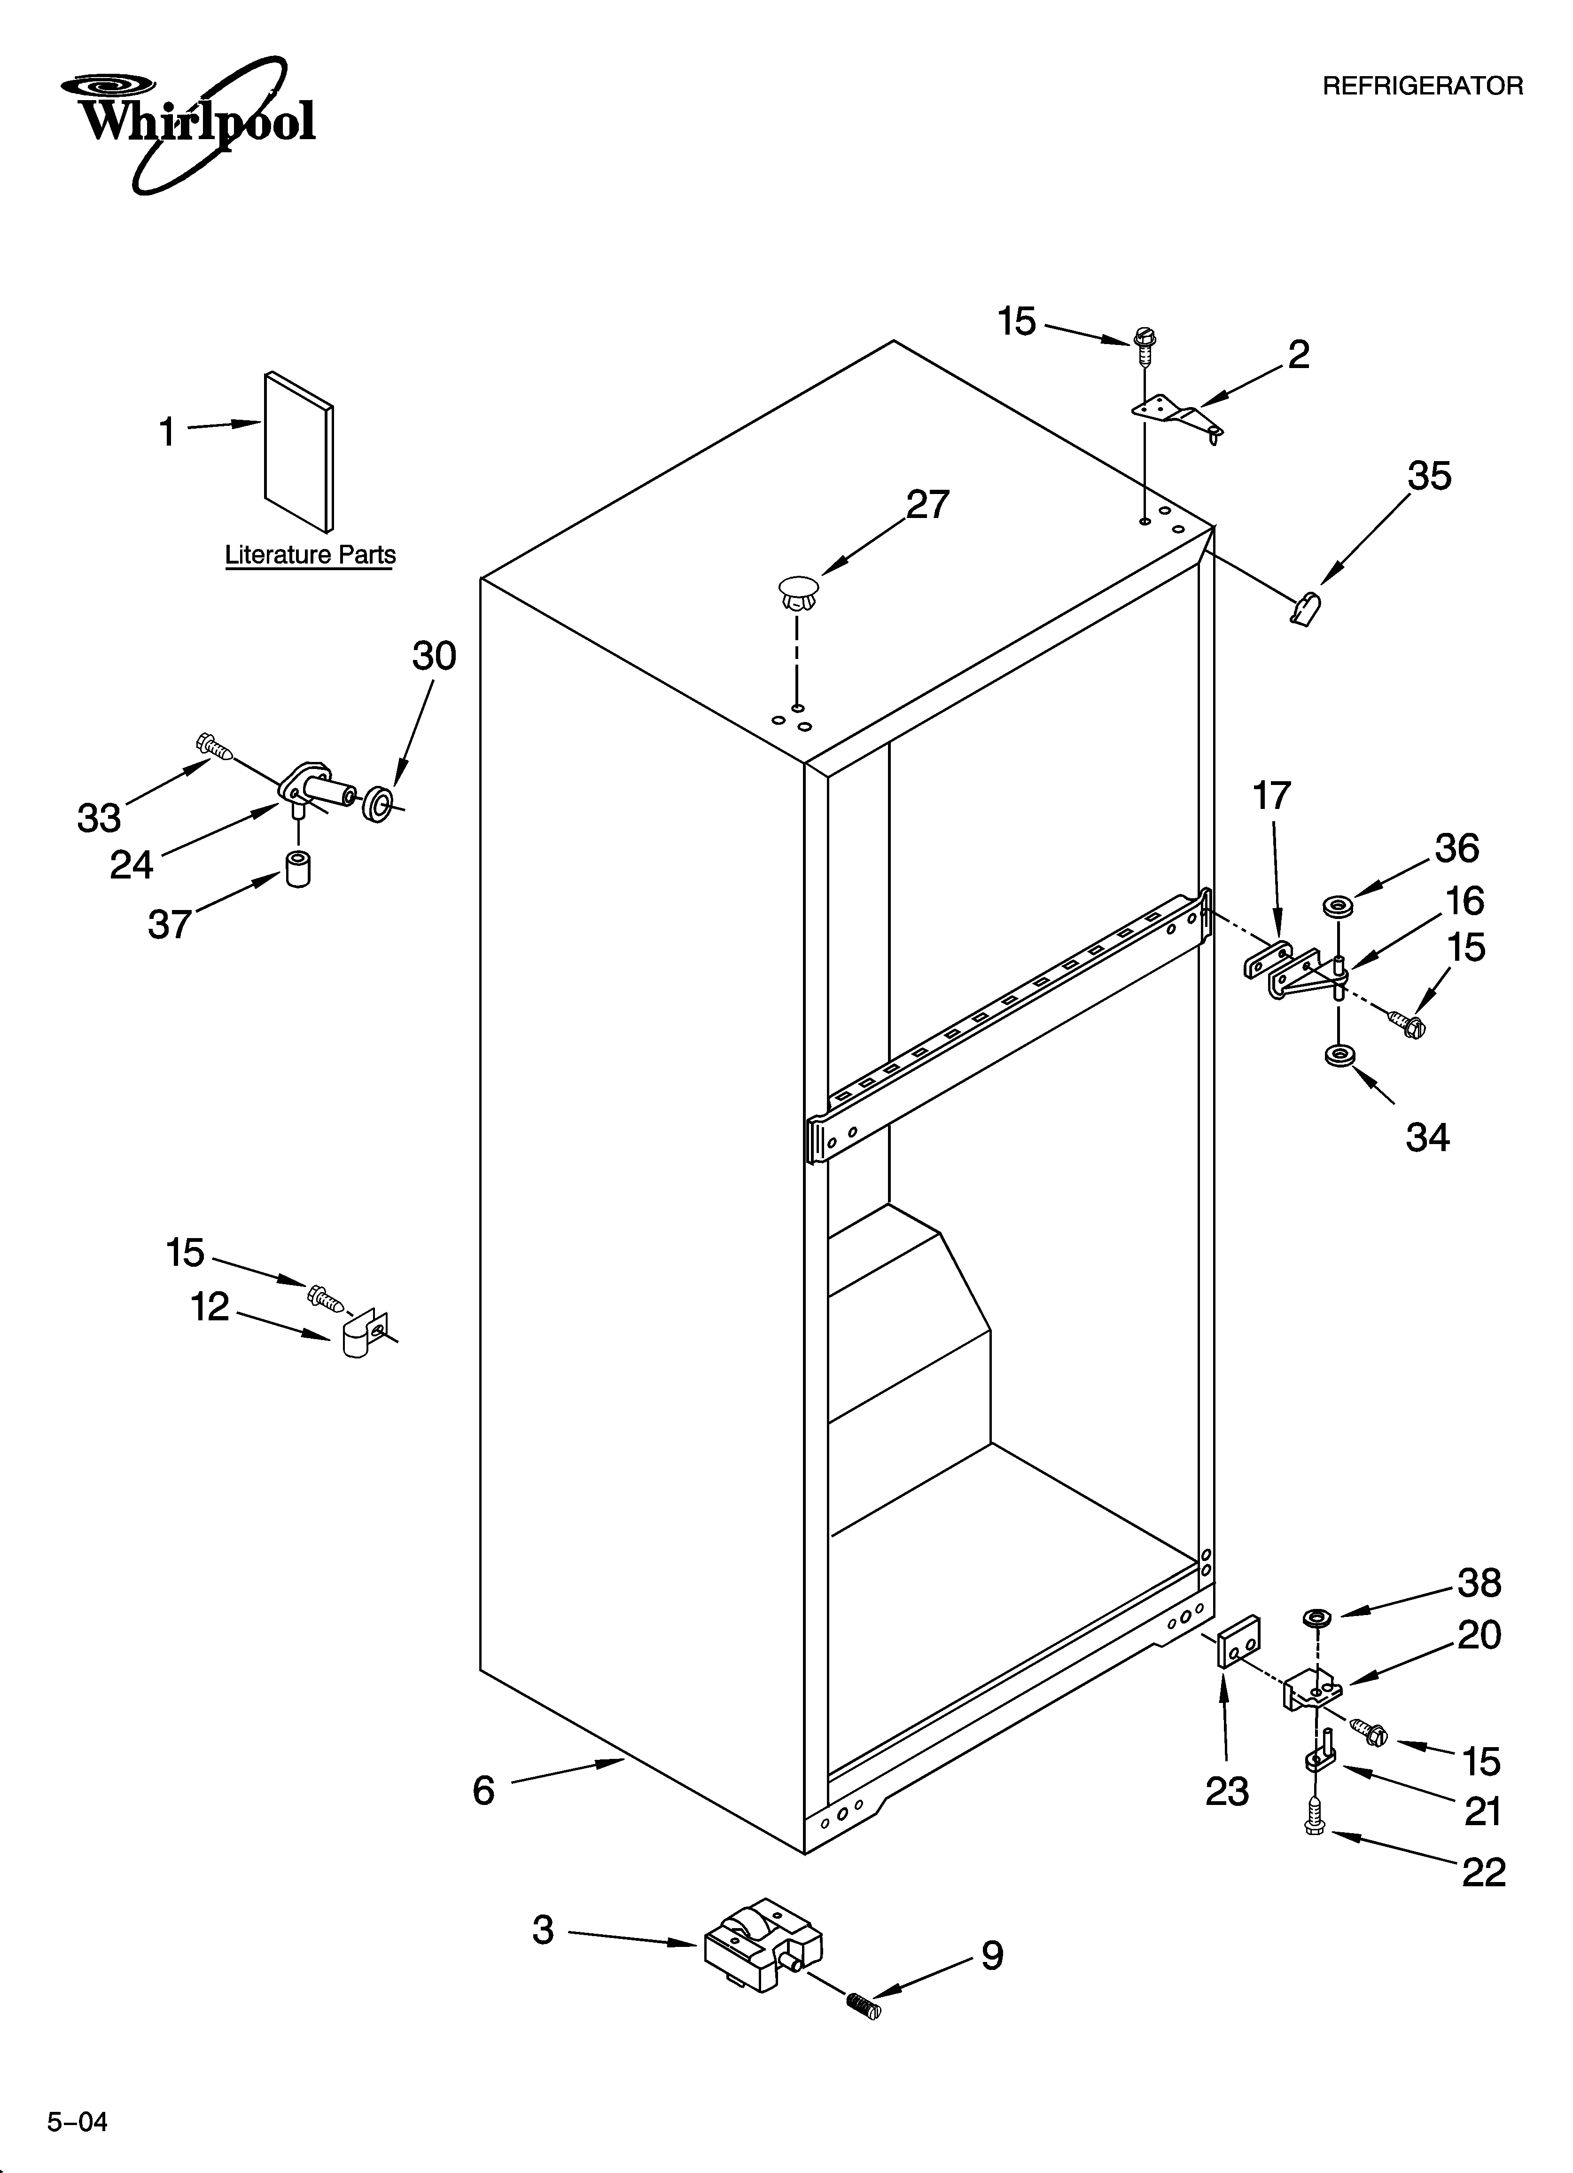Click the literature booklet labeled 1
[299, 450]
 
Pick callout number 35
[1428, 476]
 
